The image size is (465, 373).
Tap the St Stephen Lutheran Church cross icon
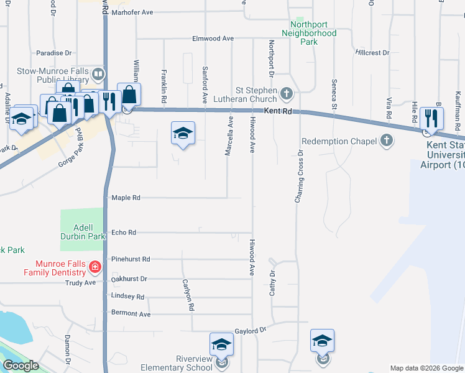coord(286,94)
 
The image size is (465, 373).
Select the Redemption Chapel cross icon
coord(387,140)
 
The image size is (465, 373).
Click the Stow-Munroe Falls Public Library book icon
coord(98,75)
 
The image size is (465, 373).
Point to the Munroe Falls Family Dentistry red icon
coord(94,268)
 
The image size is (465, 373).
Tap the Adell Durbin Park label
coord(83,232)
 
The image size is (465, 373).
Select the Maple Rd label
coord(126,198)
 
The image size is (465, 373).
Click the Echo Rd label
coord(123,233)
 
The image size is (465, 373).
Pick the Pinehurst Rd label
coord(131,259)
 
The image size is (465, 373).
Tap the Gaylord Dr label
coord(250,331)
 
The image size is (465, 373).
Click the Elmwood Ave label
coord(213,39)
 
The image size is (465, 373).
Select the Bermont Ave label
coord(131,315)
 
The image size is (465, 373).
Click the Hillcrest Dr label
coord(372,53)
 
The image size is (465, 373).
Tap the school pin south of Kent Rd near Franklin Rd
coord(183,134)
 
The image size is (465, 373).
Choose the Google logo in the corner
coord(21,366)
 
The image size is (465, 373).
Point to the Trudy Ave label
coord(81,283)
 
